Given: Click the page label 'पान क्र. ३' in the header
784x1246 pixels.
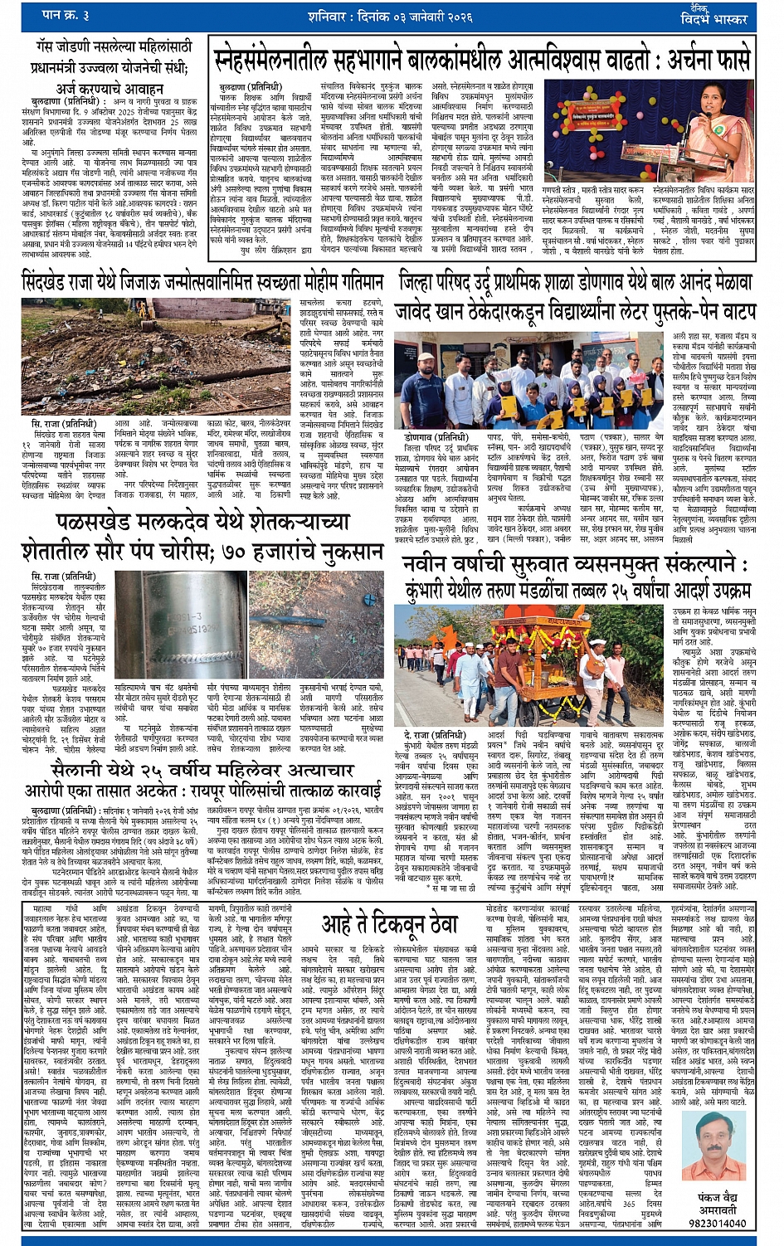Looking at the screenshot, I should [x=66, y=16].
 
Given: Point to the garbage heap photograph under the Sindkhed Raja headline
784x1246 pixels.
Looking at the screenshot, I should [x=158, y=358].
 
